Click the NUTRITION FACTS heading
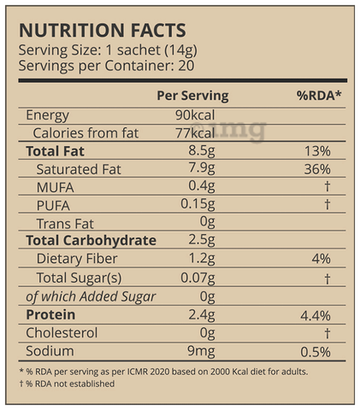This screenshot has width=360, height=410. [x=103, y=30]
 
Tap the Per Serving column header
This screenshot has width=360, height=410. [x=192, y=96]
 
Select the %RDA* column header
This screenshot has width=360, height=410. [x=319, y=96]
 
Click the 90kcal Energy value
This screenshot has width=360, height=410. [x=195, y=115]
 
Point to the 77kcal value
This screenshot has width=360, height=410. [x=195, y=133]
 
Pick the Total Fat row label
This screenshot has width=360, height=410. [x=55, y=151]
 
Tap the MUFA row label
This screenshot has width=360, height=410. [x=56, y=187]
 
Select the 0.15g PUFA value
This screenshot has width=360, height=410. [x=198, y=205]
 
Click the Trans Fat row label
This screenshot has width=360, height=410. [x=65, y=224]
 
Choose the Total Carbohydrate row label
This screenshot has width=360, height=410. [x=91, y=241]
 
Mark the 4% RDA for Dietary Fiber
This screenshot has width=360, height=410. [x=321, y=259]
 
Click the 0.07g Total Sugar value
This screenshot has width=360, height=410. [x=198, y=278]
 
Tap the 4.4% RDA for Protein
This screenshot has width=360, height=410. [x=316, y=316]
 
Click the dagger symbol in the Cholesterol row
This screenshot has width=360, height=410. [x=328, y=333]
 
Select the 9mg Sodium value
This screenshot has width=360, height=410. [x=201, y=351]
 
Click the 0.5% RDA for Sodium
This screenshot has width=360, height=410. [x=316, y=352]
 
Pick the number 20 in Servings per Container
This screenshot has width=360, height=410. [x=186, y=66]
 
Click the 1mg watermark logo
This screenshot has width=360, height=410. [x=229, y=131]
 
